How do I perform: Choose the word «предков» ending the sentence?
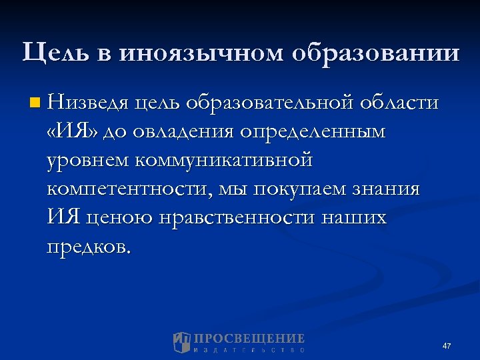87,246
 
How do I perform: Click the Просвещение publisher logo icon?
181,342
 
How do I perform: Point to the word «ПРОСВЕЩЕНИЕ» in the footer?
249,338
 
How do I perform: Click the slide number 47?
446,346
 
